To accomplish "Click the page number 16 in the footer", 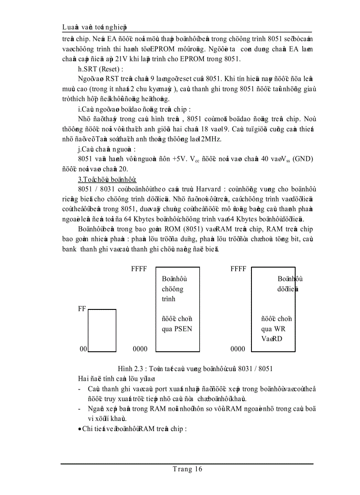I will click(x=198, y=469).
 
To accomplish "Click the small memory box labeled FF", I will click(x=102, y=330).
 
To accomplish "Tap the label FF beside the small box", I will click(x=82, y=309).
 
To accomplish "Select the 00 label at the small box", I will click(x=83, y=349).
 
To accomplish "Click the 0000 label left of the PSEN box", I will click(x=140, y=349).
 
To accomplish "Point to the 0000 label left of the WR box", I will click(x=238, y=349).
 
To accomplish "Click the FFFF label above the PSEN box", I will click(x=139, y=269).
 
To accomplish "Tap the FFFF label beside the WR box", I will click(x=238, y=269).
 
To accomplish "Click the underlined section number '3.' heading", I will click(x=80, y=179).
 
